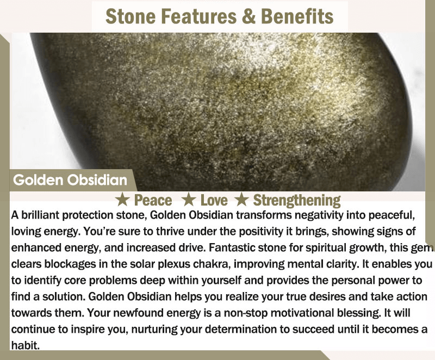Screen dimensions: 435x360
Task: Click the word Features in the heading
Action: tap(199, 16)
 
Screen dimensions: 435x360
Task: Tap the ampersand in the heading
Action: tap(248, 16)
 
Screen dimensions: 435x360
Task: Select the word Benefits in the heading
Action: tap(297, 16)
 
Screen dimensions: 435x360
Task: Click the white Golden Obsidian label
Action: tap(70, 180)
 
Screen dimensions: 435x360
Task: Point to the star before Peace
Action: tap(122, 200)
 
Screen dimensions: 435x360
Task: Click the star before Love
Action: tap(189, 200)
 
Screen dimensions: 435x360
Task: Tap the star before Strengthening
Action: tap(242, 200)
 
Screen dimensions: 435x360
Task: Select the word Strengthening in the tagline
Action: tap(297, 201)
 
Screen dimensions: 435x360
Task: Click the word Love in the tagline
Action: tap(214, 200)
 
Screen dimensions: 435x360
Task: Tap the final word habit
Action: tap(25, 345)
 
